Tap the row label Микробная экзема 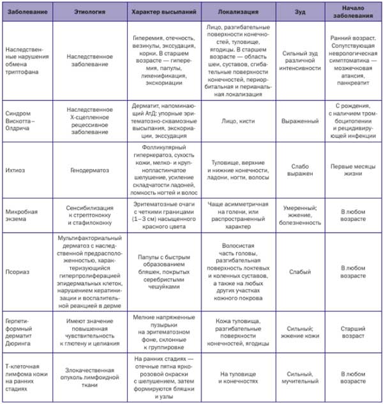point(20,215)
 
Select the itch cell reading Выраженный point(300,120)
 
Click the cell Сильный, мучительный point(300,377)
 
